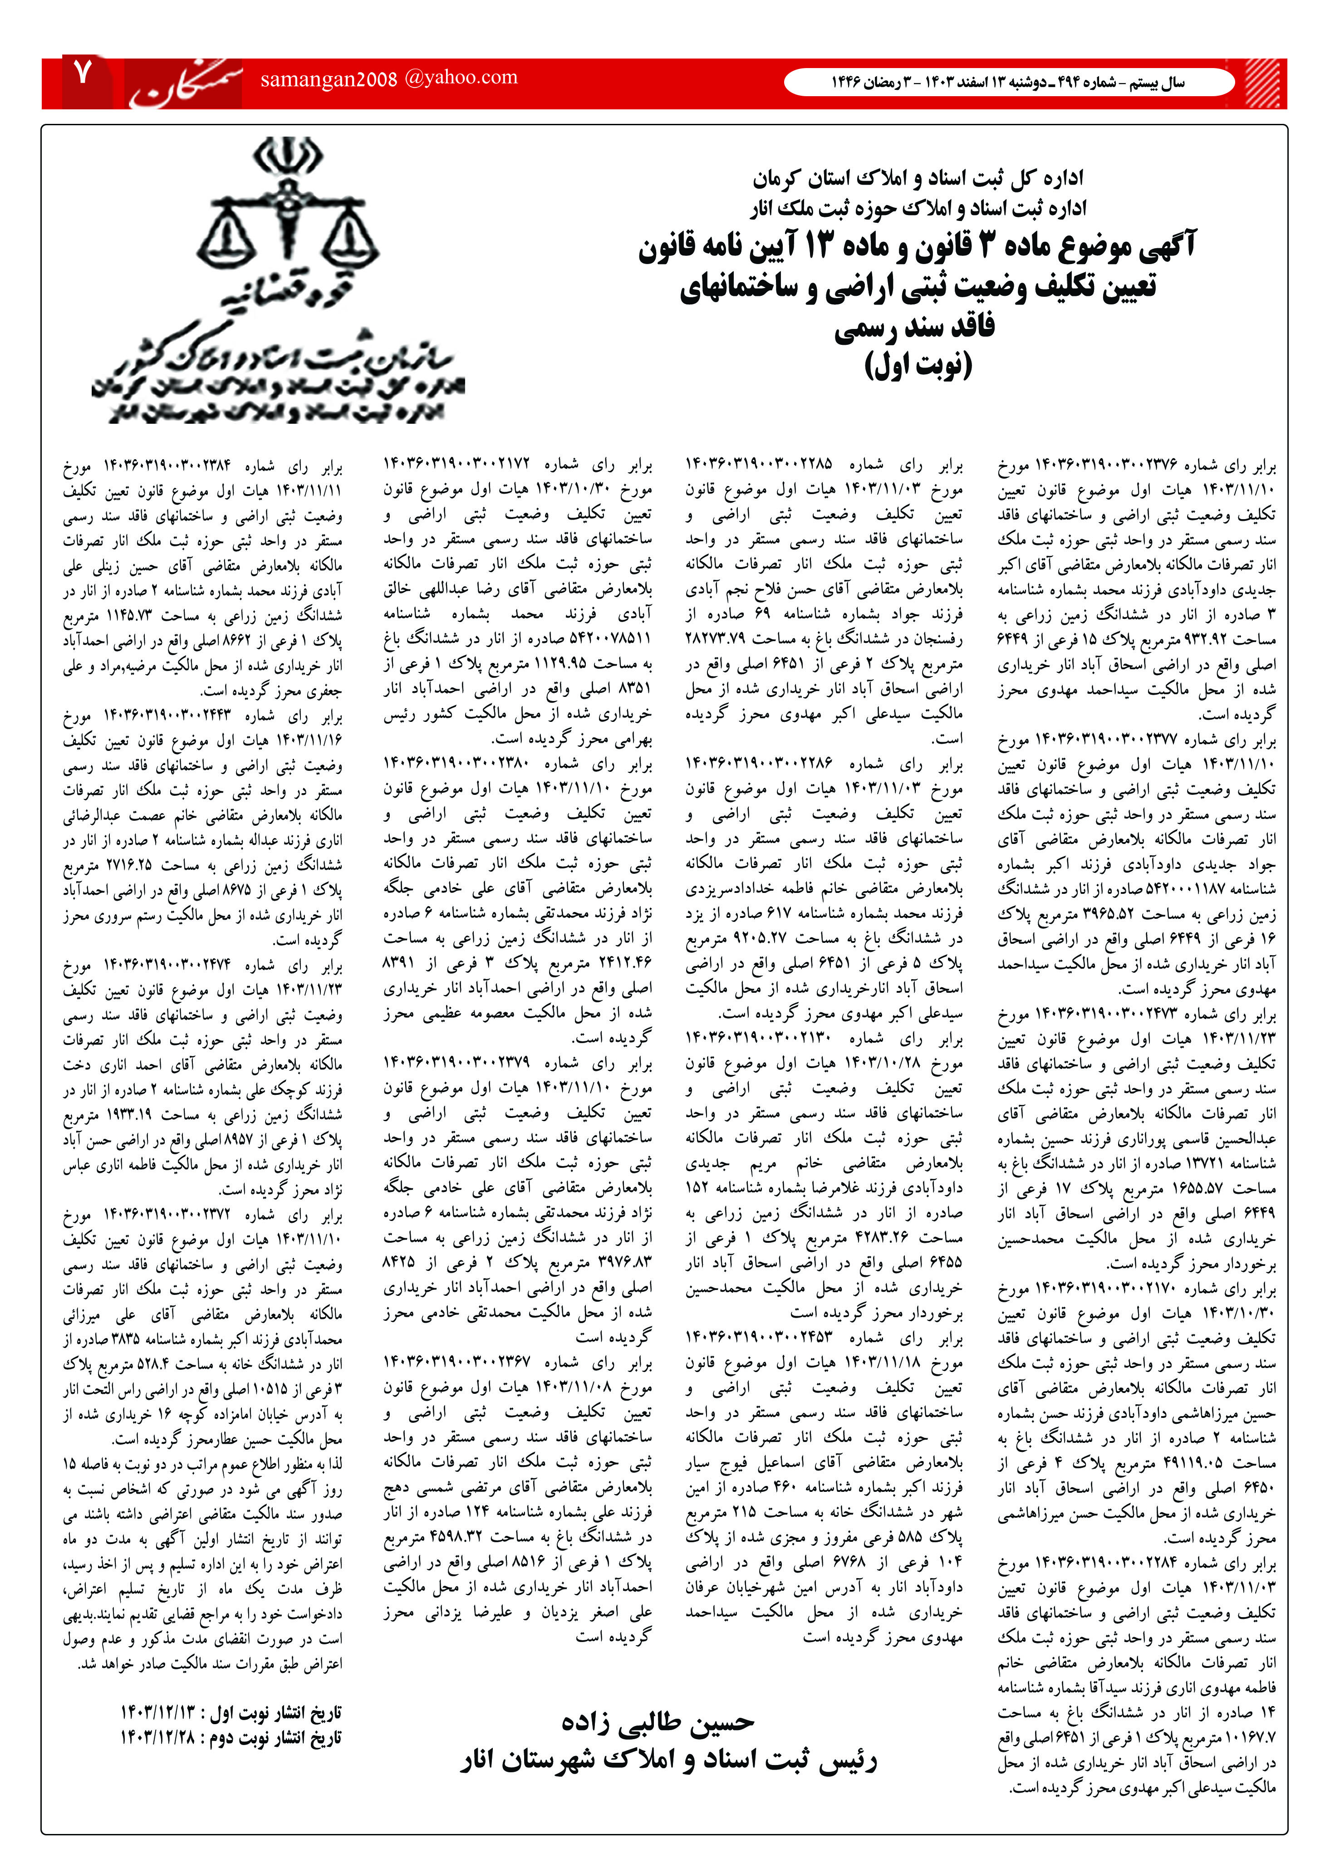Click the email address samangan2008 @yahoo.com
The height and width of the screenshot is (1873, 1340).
coord(388,78)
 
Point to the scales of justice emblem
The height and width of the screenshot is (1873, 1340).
coord(288,215)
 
